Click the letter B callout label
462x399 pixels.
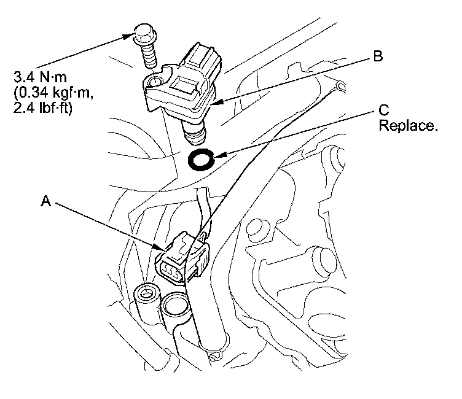coord(378,57)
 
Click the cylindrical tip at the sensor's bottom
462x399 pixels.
coord(194,130)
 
